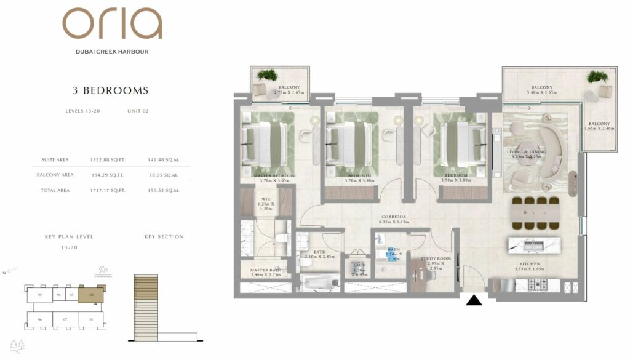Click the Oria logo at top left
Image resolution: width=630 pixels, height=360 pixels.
(x=112, y=25)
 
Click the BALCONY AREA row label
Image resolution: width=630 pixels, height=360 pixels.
(x=55, y=175)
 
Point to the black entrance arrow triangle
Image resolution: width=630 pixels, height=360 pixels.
(x=475, y=300)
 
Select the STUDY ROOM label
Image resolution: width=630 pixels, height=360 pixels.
(x=436, y=259)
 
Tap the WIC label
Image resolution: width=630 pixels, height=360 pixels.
(x=266, y=199)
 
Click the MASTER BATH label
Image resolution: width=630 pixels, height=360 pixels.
(x=265, y=270)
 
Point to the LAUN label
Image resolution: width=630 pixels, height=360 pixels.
(x=359, y=265)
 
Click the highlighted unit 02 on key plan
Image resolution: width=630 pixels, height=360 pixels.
(x=90, y=295)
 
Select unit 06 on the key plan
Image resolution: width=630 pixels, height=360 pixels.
(x=39, y=319)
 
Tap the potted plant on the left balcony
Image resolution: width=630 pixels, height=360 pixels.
(x=268, y=75)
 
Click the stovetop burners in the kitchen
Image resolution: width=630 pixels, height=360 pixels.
(x=538, y=284)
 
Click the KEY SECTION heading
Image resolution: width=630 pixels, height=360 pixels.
(x=164, y=237)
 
